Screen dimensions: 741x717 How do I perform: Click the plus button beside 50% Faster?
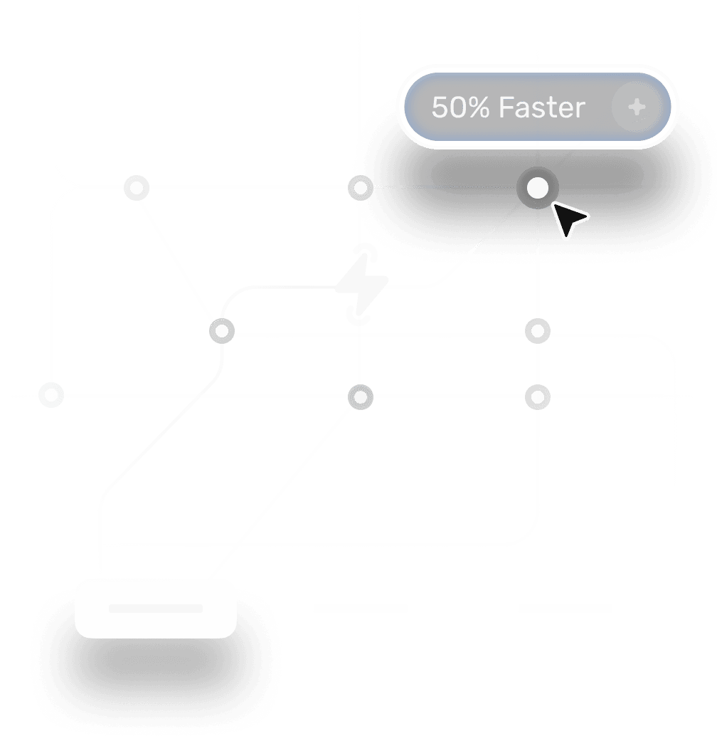(x=637, y=107)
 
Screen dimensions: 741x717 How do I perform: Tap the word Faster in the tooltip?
(x=541, y=107)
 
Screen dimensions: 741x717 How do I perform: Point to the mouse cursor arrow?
(x=568, y=219)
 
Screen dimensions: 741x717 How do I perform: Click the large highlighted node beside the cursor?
(x=538, y=188)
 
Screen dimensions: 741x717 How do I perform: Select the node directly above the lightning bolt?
(x=361, y=188)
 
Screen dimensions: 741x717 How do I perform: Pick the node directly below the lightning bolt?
(x=361, y=396)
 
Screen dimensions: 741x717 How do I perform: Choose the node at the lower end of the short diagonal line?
(x=222, y=331)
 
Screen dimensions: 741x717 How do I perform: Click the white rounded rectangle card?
(x=155, y=608)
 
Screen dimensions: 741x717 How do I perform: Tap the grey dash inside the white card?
(x=155, y=609)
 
